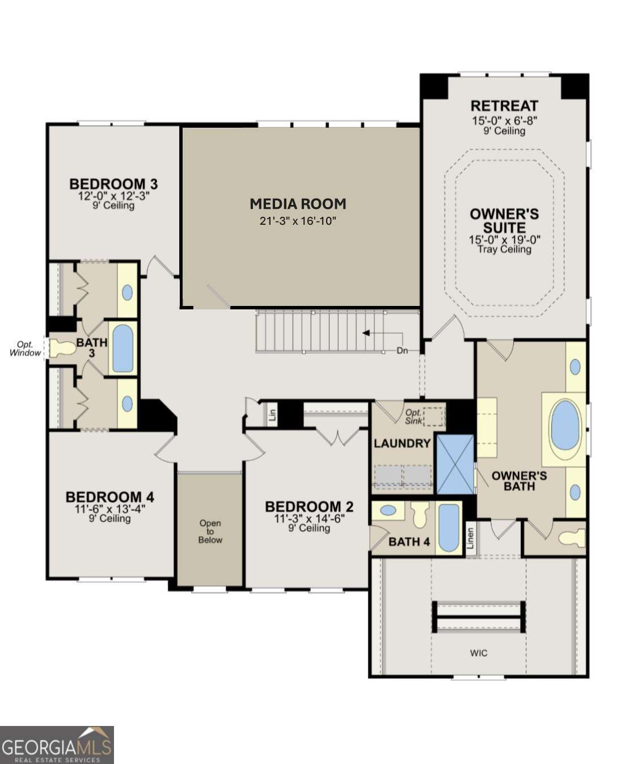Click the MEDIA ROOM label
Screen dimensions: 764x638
[298, 204]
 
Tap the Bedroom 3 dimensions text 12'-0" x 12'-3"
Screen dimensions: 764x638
[113, 196]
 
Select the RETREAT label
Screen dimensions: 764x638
[504, 106]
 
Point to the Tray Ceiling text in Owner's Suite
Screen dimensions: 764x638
[504, 249]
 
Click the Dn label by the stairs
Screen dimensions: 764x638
[402, 351]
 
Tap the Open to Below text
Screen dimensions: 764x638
[210, 532]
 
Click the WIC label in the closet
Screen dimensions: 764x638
[479, 653]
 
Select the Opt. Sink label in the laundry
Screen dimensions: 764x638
[413, 417]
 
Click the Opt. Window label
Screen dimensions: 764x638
[26, 349]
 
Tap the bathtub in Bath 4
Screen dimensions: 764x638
[449, 528]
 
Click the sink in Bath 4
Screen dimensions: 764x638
[388, 510]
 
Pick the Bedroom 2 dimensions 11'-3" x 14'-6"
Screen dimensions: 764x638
[309, 519]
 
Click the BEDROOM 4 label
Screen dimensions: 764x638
[110, 497]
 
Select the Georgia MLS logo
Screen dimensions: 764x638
[57, 745]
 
